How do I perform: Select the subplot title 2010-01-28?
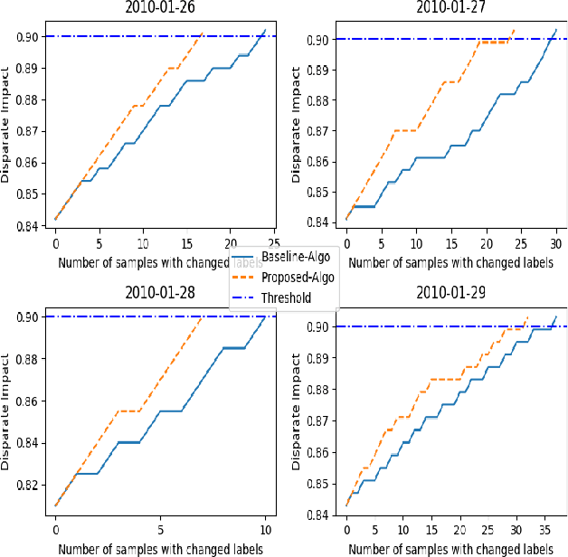point(160,293)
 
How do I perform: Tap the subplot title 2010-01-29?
point(451,293)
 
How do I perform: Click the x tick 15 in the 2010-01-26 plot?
point(186,244)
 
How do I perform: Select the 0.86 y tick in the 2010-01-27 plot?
point(317,161)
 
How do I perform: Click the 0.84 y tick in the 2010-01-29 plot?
point(317,515)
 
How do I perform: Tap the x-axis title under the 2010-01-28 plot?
point(160,548)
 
